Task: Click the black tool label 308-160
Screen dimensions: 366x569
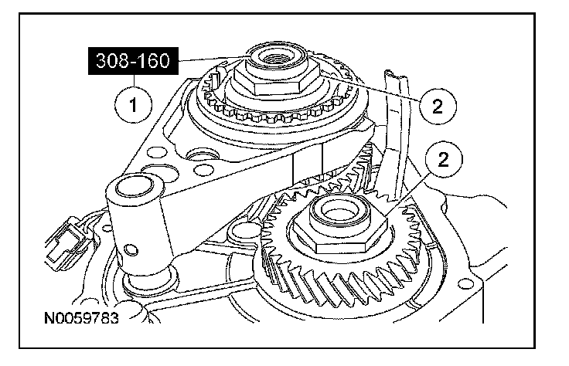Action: point(134,59)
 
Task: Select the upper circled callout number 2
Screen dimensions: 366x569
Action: point(436,104)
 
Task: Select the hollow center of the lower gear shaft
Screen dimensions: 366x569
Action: point(333,209)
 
